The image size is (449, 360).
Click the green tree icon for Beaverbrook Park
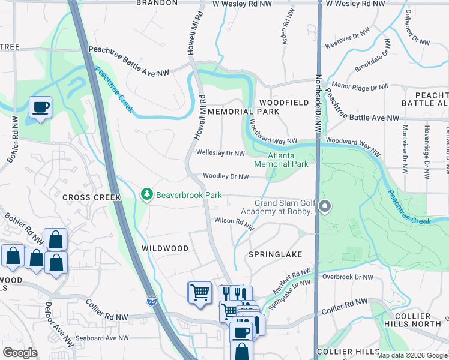tap(146, 194)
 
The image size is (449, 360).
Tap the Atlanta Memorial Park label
tap(281, 160)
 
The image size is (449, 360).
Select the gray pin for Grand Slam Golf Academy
tap(325, 207)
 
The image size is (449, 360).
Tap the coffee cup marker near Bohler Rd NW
tap(41, 108)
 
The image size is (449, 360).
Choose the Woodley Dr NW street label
tap(226, 176)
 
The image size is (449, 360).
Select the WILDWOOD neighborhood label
tap(165, 248)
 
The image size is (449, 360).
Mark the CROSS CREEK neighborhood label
tap(91, 197)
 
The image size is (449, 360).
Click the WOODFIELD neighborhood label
tap(284, 103)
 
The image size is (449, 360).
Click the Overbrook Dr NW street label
tap(347, 277)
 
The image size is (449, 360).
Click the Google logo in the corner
tap(20, 353)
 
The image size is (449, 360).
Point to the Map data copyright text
tap(412, 355)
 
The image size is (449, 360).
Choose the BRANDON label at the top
tap(157, 3)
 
